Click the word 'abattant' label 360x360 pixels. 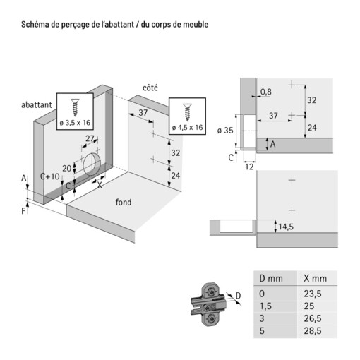click(x=36, y=104)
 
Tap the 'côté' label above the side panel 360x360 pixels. click(x=150, y=88)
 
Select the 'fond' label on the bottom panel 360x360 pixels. click(x=124, y=203)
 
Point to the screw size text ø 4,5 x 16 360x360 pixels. click(x=187, y=127)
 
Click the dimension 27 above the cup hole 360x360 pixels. click(x=90, y=138)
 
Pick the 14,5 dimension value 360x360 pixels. click(x=285, y=227)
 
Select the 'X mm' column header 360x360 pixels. click(x=311, y=278)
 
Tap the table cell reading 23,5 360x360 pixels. click(x=312, y=293)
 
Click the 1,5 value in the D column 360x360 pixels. click(x=265, y=305)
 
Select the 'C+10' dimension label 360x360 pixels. click(x=49, y=176)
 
